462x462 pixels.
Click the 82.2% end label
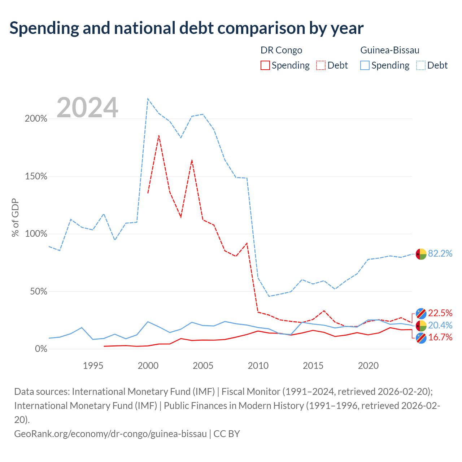point(440,253)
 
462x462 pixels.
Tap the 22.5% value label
point(440,313)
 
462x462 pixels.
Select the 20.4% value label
point(440,325)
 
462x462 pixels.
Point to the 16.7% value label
point(440,337)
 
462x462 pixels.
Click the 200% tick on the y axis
point(36,118)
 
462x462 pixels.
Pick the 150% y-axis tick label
point(36,176)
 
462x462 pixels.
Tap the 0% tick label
point(41,349)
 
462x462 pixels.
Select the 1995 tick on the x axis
point(93,366)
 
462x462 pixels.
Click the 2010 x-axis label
point(258,366)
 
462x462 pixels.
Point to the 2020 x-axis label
point(368,366)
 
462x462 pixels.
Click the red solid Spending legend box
point(265,65)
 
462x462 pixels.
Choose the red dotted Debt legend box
point(321,65)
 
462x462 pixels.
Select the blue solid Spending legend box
point(365,65)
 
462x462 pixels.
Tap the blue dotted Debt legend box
point(421,65)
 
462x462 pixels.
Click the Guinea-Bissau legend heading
point(390,50)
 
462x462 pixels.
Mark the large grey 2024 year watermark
point(87,107)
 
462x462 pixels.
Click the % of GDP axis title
point(15,217)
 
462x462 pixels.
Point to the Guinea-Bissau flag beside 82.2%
point(421,254)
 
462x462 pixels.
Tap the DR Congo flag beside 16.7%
point(421,338)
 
